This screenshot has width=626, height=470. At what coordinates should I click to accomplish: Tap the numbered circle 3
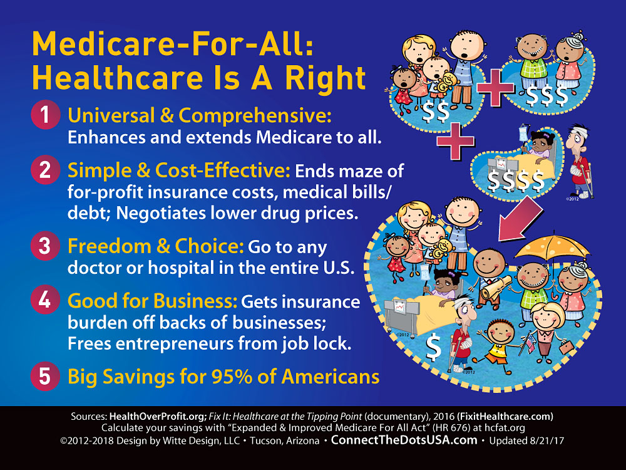45,246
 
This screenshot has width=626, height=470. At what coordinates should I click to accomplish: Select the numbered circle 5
45,376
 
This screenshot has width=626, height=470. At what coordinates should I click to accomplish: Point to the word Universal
111,116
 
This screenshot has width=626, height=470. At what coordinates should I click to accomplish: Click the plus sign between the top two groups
495,88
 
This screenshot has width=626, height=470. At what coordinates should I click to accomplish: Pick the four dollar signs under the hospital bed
516,180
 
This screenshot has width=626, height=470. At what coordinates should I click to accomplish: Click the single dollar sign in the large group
433,347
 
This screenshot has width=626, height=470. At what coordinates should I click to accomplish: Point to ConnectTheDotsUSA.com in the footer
404,440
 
